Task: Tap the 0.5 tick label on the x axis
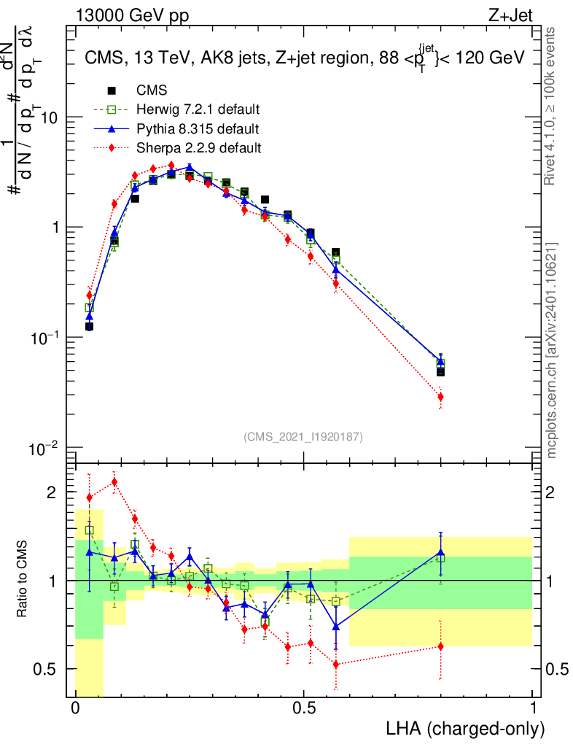(x=304, y=708)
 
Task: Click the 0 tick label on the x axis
(x=76, y=708)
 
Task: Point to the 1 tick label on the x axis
(x=532, y=708)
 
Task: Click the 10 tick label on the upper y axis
(x=48, y=117)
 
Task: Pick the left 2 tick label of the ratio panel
(x=51, y=492)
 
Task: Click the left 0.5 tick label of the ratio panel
(x=45, y=669)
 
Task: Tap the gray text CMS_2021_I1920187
(x=303, y=436)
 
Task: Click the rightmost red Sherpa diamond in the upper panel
(x=440, y=397)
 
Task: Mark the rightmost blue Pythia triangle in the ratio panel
(x=440, y=553)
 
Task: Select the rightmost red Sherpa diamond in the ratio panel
(x=440, y=646)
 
